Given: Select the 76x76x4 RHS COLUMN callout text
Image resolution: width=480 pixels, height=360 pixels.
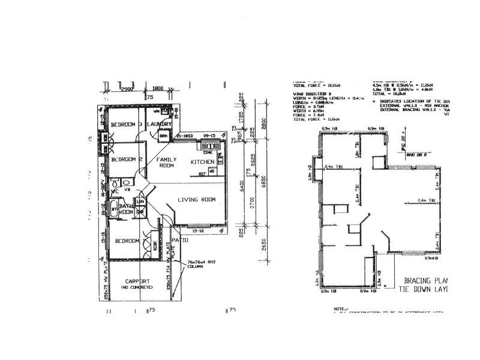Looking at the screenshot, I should click(197, 265).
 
